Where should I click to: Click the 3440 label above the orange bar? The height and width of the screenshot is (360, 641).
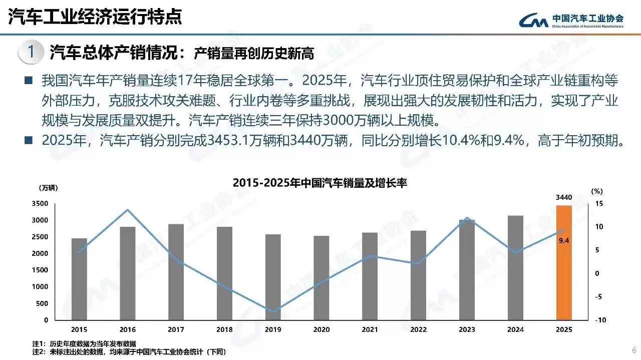point(564,198)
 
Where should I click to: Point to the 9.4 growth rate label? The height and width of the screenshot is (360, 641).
point(564,240)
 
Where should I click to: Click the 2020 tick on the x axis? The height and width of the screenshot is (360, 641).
point(322,329)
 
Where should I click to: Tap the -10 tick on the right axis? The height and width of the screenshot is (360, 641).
point(598,320)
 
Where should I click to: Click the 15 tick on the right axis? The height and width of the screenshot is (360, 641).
point(598,203)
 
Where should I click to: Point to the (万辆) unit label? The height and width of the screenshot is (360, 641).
point(48,188)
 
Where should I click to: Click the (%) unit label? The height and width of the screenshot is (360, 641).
point(596,191)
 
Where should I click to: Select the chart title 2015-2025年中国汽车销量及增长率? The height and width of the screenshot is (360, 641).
point(320,183)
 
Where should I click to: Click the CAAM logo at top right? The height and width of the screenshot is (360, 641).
point(571,21)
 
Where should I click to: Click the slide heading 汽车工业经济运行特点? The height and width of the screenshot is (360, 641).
point(95,17)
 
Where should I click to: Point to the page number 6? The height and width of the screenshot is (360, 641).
point(633,349)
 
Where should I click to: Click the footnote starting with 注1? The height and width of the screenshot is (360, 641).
point(81,344)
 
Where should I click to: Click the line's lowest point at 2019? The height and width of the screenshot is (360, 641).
point(273,311)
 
